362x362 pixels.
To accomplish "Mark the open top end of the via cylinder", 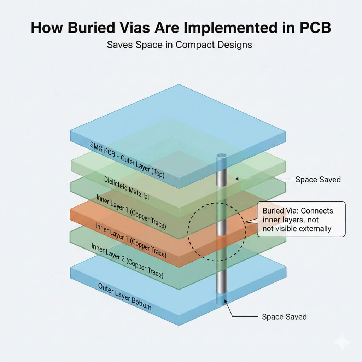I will point(222,156).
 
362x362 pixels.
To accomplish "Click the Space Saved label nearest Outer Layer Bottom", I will point(284,316).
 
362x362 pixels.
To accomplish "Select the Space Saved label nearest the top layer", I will point(318,180).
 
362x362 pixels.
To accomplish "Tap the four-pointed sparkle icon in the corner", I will point(343,343).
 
